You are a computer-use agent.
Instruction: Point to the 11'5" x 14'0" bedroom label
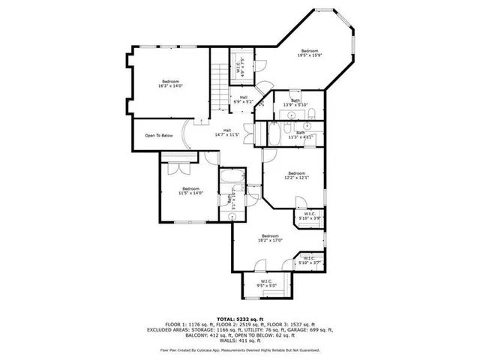click(190, 190)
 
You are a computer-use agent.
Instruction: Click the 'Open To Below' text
click(159, 136)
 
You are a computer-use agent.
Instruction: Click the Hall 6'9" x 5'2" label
click(244, 99)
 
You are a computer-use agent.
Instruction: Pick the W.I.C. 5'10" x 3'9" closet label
click(309, 217)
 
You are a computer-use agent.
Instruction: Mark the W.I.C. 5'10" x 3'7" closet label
click(309, 261)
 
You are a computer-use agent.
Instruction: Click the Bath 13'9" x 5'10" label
click(295, 102)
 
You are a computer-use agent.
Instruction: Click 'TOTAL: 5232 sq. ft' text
click(240, 319)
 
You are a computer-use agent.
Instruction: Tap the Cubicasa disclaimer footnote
click(240, 349)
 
